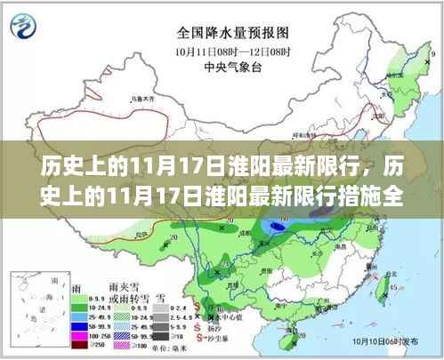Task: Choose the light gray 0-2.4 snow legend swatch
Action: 158,308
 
